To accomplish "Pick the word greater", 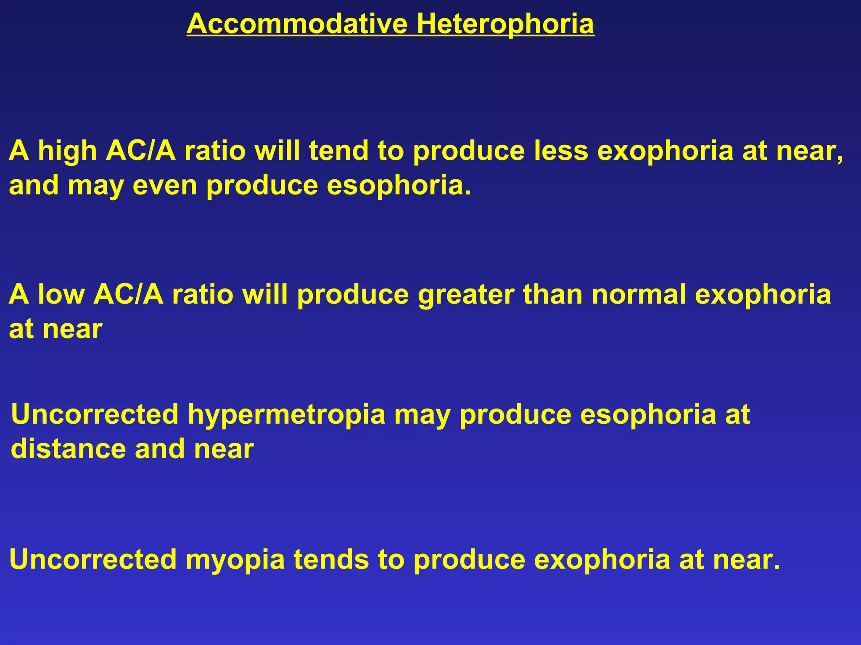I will click(466, 295).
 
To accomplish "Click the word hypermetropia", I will click(286, 415).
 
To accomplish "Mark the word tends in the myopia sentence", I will click(331, 559).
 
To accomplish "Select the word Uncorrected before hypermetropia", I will click(95, 414).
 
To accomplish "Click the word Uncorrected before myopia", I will click(93, 559).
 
